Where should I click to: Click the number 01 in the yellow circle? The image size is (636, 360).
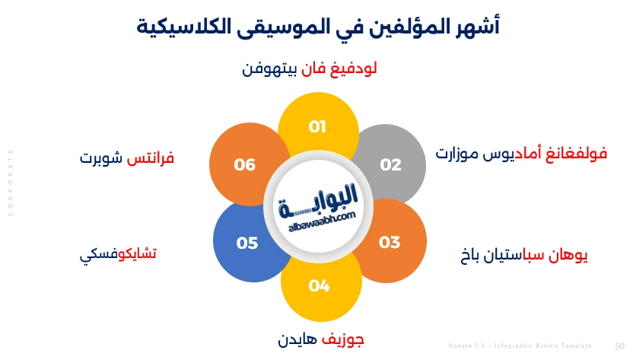tap(317, 127)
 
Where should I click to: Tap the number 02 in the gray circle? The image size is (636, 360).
tap(390, 164)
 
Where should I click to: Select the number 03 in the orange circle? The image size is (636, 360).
tap(390, 243)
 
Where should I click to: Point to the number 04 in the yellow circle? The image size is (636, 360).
tap(320, 286)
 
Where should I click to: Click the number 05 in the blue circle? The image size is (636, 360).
tap(247, 244)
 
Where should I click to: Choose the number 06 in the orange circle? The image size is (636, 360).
tap(245, 164)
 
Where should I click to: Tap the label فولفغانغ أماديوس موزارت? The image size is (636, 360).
tap(521, 154)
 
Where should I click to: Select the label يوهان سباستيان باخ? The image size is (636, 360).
tap(524, 255)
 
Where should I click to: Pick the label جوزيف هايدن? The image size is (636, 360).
tap(320, 339)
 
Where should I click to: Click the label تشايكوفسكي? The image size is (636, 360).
tap(119, 254)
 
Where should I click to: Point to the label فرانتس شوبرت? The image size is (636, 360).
tap(127, 159)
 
